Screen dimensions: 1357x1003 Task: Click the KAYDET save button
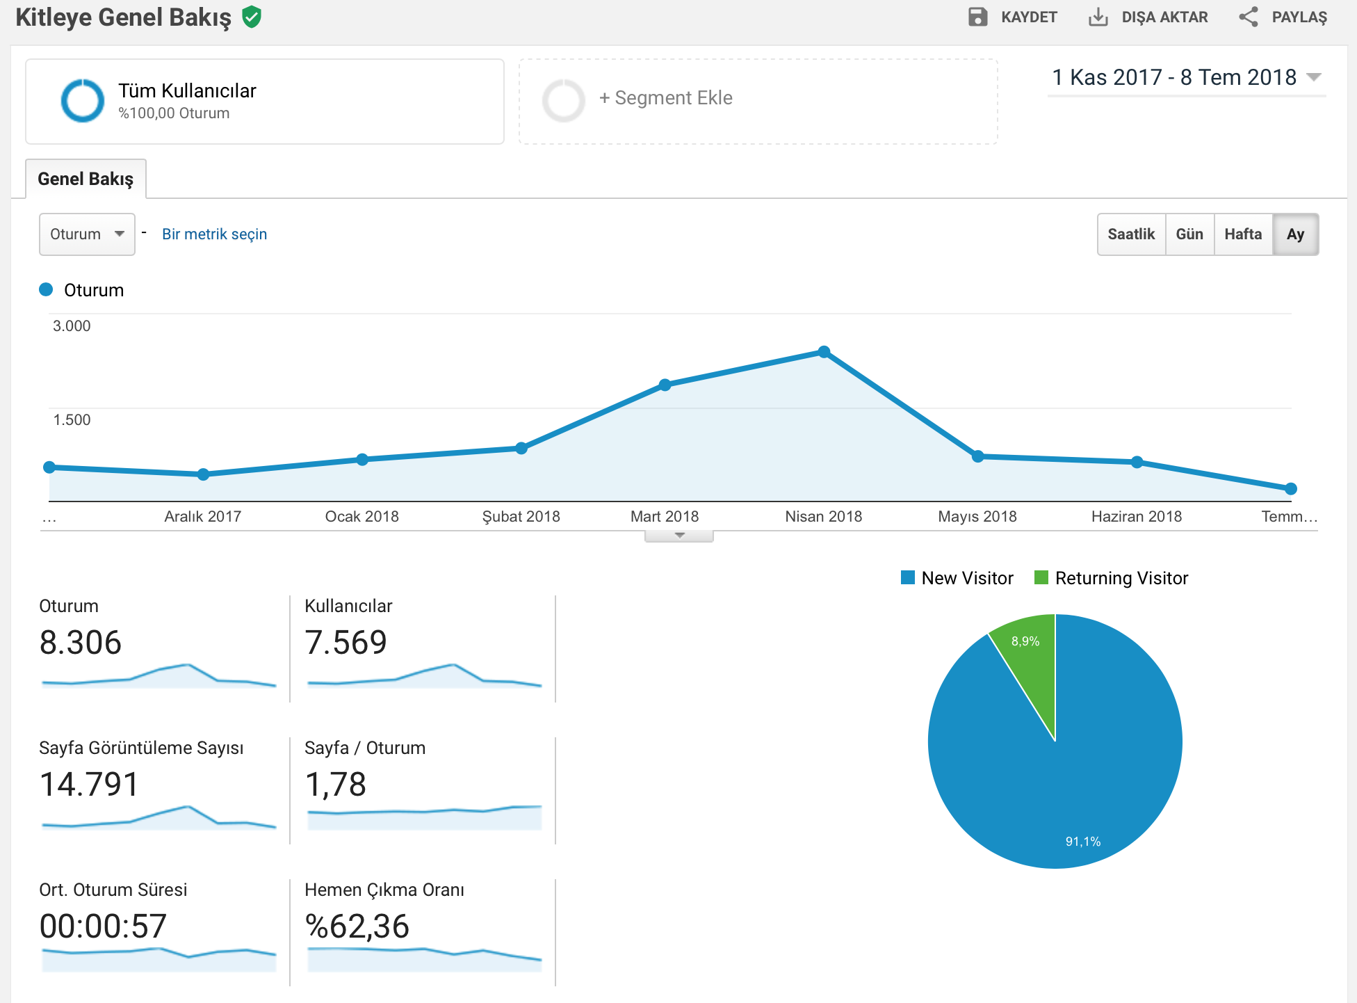tap(1012, 17)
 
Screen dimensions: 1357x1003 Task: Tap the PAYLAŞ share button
tap(1283, 17)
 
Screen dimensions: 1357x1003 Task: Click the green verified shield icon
tap(252, 17)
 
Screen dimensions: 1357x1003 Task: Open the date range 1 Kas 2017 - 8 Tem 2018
tap(1186, 77)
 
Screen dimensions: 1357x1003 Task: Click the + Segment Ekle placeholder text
tap(665, 98)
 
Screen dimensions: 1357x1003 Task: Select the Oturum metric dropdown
tap(87, 234)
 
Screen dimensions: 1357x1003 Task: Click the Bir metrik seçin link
tap(214, 234)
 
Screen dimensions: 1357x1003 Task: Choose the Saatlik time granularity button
tap(1131, 234)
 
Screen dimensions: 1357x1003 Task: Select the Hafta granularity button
tap(1243, 234)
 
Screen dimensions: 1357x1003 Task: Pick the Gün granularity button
tap(1189, 234)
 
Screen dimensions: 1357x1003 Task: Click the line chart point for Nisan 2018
tap(824, 352)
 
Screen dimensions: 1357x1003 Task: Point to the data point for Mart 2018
tap(665, 385)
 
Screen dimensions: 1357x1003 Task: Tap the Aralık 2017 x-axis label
tap(202, 516)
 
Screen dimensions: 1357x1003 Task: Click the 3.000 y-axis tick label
tap(72, 326)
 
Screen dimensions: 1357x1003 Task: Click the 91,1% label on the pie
tap(1083, 842)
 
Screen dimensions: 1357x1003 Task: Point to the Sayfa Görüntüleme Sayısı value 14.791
tap(89, 785)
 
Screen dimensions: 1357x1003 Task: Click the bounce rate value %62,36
tap(357, 926)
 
